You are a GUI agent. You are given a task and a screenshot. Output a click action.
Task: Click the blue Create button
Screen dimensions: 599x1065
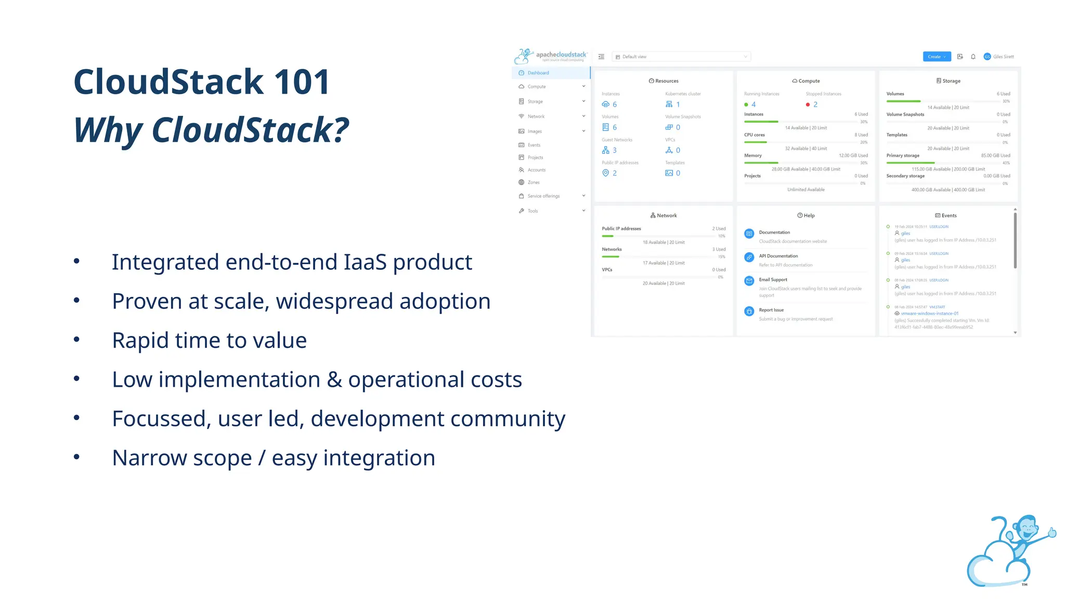[x=937, y=57]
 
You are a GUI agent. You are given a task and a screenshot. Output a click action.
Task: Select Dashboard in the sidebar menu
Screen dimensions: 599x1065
[x=538, y=73]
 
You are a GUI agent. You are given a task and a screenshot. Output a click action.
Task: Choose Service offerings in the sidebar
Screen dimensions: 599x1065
[x=543, y=196]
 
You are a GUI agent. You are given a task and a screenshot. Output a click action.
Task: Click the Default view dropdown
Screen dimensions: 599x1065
[x=681, y=57]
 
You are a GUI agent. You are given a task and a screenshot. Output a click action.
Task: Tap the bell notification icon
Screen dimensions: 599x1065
[x=973, y=57]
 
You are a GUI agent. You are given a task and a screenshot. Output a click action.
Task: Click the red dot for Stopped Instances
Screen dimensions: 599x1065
[x=808, y=105]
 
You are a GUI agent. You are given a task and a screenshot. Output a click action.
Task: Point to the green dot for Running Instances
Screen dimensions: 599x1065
[x=746, y=105]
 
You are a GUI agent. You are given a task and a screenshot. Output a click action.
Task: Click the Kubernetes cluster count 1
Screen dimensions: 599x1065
[x=678, y=105]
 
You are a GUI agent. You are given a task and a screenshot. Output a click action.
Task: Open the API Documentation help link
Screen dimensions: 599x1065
[x=778, y=256]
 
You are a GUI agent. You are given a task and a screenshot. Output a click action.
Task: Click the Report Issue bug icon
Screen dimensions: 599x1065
[x=749, y=311]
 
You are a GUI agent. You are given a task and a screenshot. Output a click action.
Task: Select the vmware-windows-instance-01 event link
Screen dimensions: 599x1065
[x=929, y=314]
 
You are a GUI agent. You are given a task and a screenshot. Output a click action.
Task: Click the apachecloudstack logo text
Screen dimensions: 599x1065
[x=561, y=55]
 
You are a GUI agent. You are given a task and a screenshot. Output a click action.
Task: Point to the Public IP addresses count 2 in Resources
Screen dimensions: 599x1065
[x=615, y=173]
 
